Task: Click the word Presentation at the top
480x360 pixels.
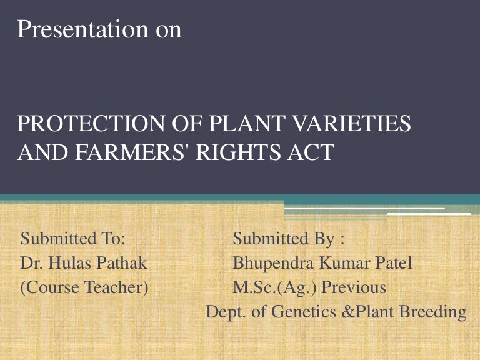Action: [x=79, y=29]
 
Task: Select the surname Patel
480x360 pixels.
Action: [x=392, y=263]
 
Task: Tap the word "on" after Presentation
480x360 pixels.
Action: [x=168, y=29]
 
